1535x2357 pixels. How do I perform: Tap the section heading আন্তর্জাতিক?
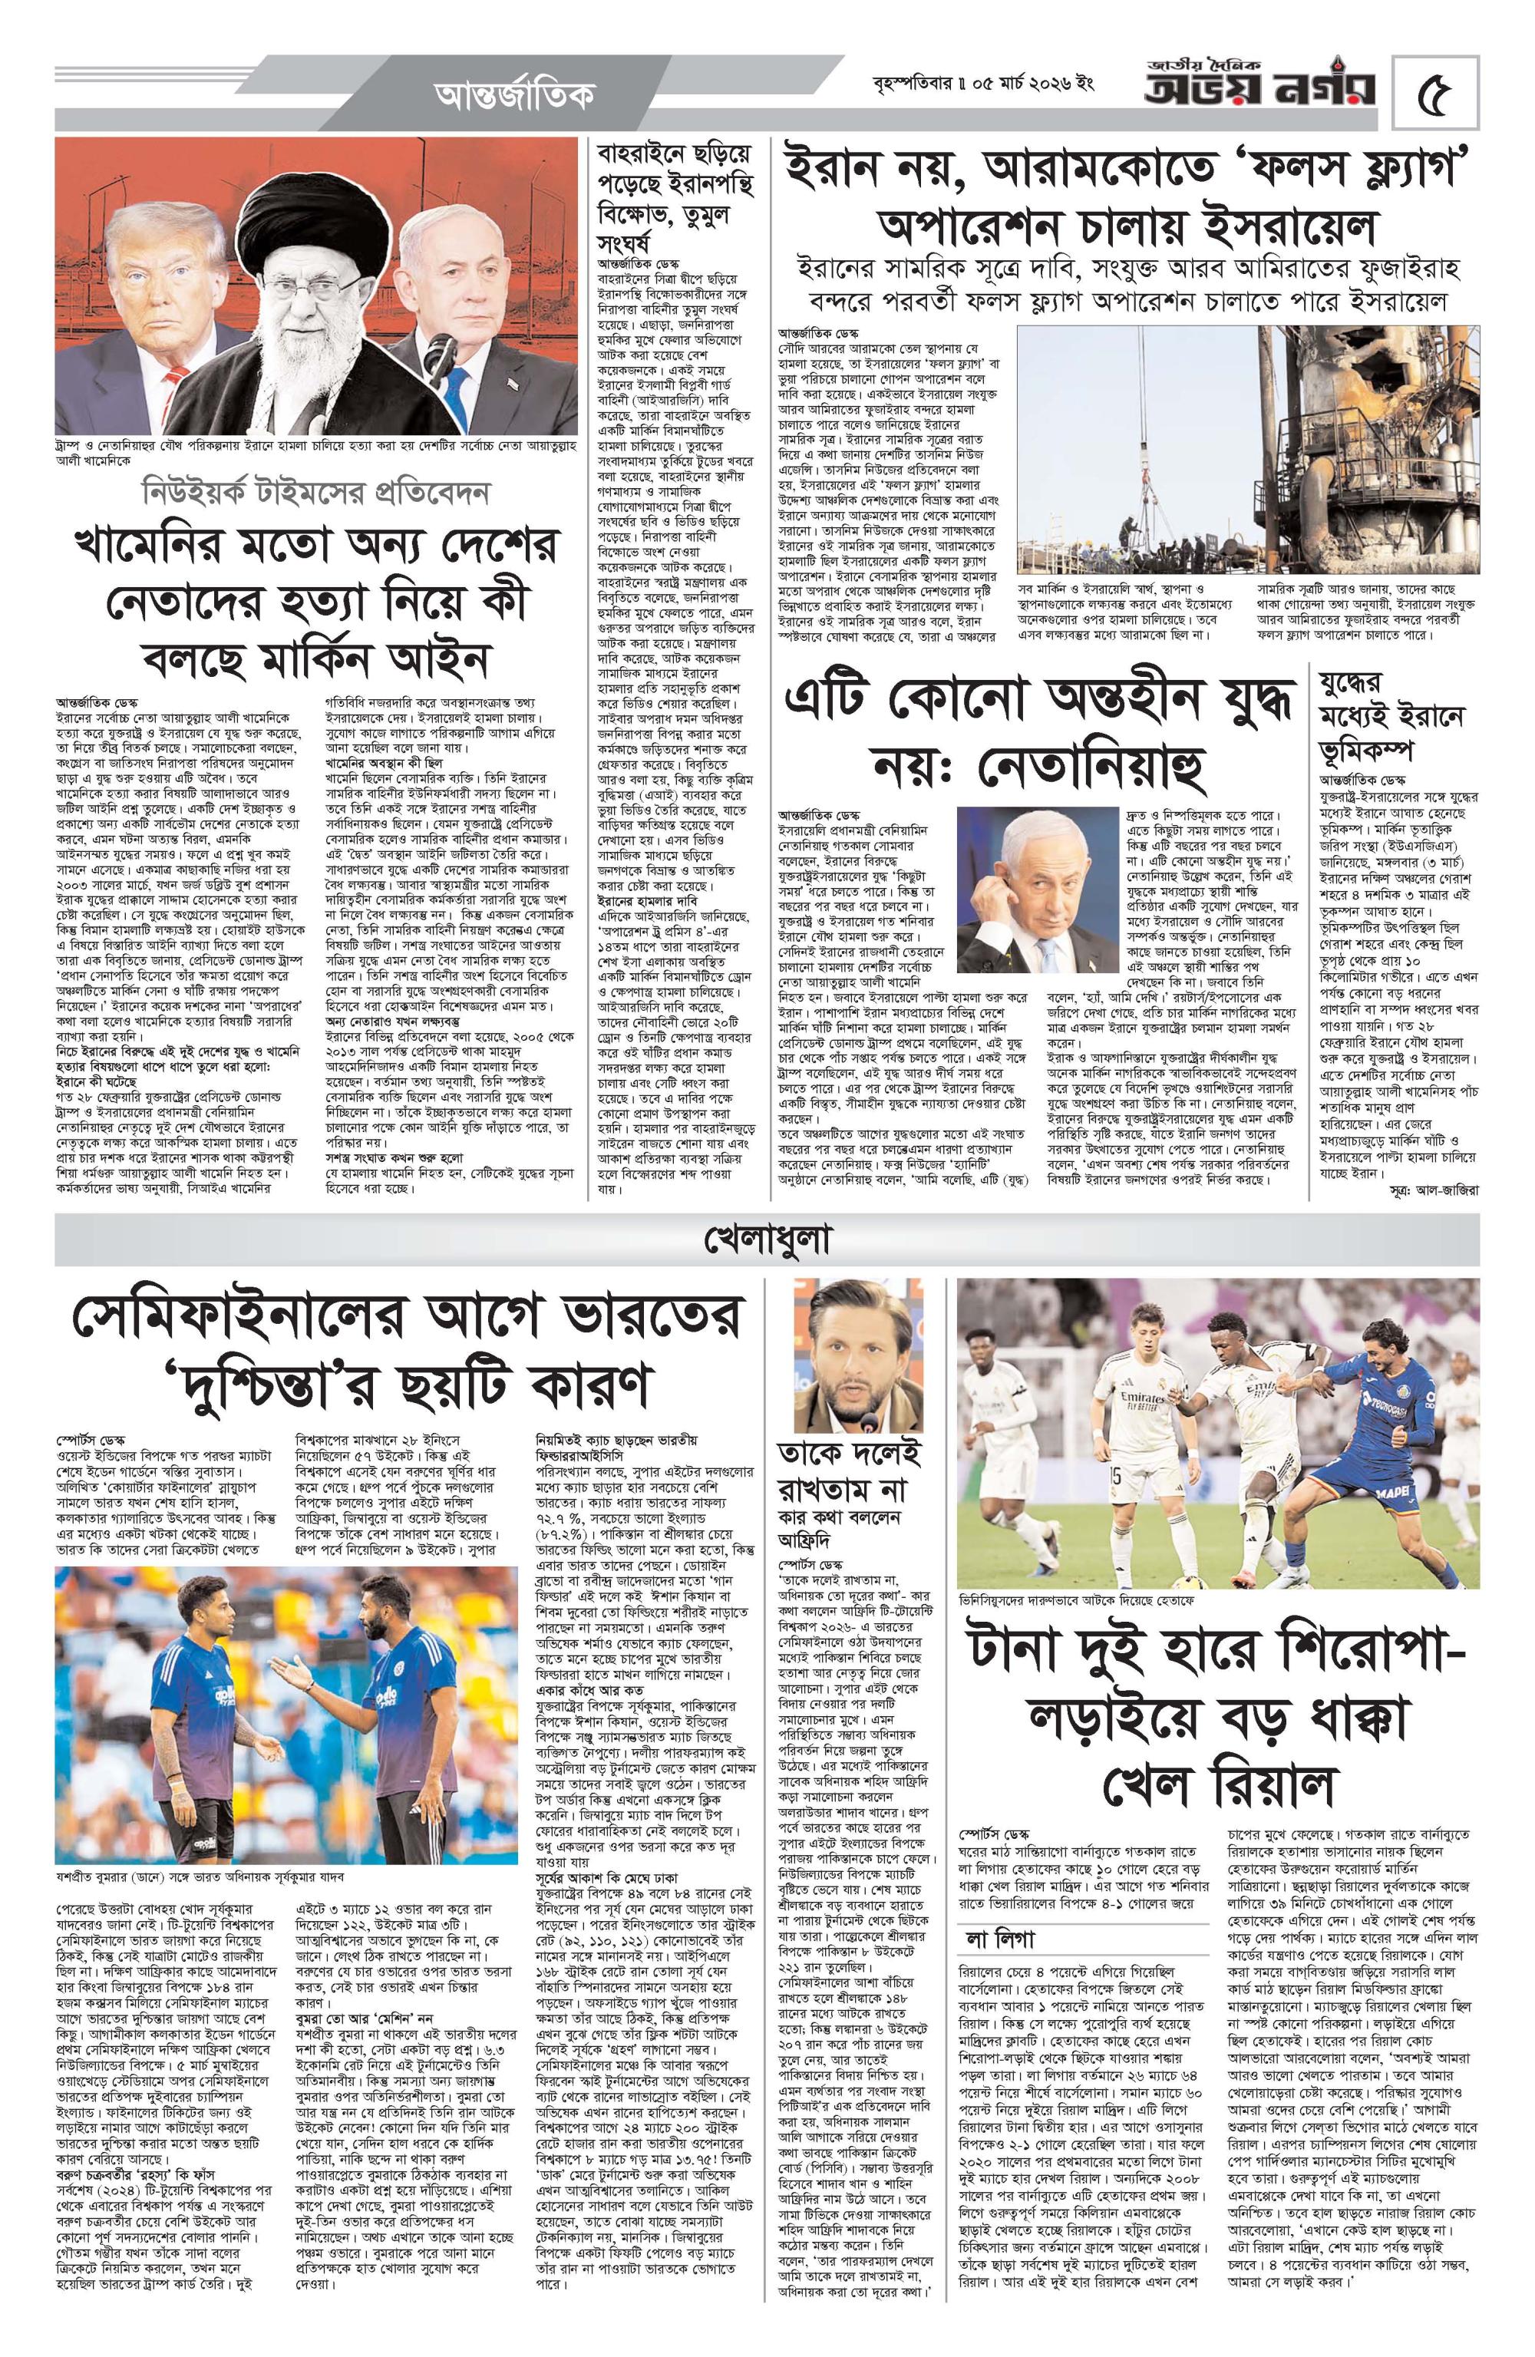coord(515,96)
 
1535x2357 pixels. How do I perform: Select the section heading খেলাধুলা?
coord(767,1239)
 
